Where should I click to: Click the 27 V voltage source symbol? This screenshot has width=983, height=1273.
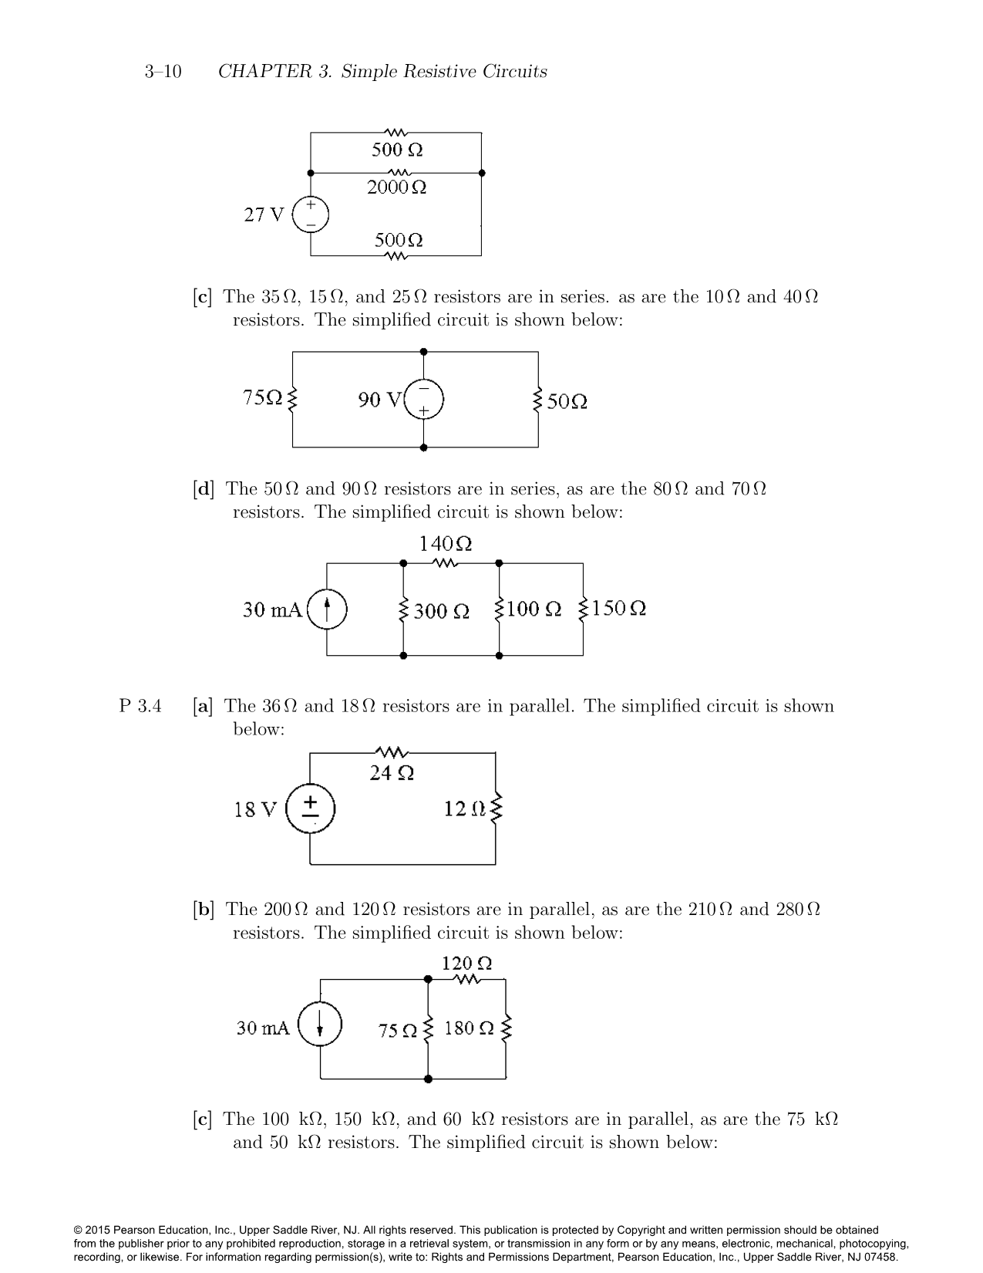pyautogui.click(x=311, y=215)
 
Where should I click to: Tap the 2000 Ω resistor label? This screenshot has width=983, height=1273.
pyautogui.click(x=397, y=187)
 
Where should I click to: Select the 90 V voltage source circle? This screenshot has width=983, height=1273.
pyautogui.click(x=423, y=400)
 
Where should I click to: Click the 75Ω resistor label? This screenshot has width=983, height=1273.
pyautogui.click(x=263, y=397)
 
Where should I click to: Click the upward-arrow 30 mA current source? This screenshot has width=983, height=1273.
pyautogui.click(x=327, y=609)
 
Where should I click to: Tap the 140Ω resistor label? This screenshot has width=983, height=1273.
pyautogui.click(x=445, y=544)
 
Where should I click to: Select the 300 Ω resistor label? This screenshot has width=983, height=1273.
pyautogui.click(x=441, y=612)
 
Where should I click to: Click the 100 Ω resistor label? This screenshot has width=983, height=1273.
pyautogui.click(x=534, y=609)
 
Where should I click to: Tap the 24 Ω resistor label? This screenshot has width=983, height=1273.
pyautogui.click(x=392, y=773)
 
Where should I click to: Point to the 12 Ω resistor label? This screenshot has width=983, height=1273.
pyautogui.click(x=465, y=809)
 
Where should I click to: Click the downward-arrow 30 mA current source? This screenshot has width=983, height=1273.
pyautogui.click(x=320, y=1027)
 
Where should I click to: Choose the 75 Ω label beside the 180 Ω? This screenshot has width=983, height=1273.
pyautogui.click(x=398, y=1030)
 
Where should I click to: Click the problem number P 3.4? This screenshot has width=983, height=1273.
pyautogui.click(x=140, y=706)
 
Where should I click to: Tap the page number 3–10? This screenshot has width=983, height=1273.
pyautogui.click(x=163, y=72)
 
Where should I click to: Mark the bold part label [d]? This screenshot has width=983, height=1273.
pyautogui.click(x=204, y=489)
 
